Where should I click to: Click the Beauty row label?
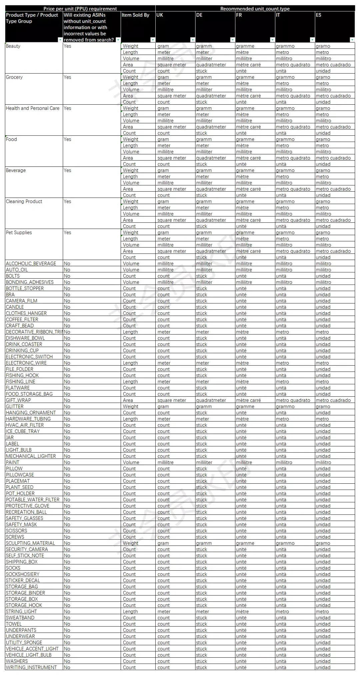pyautogui.click(x=13, y=46)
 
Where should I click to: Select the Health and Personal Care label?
pyautogui.click(x=33, y=108)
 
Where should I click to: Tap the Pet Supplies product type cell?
pyautogui.click(x=19, y=233)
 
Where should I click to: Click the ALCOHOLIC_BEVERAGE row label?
pyautogui.click(x=31, y=264)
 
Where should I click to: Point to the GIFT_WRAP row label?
pyautogui.click(x=18, y=400)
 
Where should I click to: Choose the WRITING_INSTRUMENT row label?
pyautogui.click(x=31, y=667)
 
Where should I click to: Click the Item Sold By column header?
pyautogui.click(x=135, y=15)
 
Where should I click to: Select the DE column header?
pyautogui.click(x=199, y=15)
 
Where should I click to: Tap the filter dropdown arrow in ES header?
pyautogui.click(x=352, y=40)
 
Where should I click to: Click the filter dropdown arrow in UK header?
pyautogui.click(x=193, y=40)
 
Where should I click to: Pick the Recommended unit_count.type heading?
pyautogui.click(x=255, y=9)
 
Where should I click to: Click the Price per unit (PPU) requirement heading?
pyautogui.click(x=80, y=9)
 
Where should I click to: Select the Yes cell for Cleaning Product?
pyautogui.click(x=67, y=202)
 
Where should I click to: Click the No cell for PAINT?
pyautogui.click(x=67, y=462)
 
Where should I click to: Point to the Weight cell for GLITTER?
pyautogui.click(x=130, y=406)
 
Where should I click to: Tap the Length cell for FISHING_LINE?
pyautogui.click(x=130, y=382)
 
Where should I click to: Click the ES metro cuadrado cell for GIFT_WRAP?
pyautogui.click(x=333, y=400)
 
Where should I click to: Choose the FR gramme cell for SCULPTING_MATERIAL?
pyautogui.click(x=245, y=543)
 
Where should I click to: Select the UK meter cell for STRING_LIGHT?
pyautogui.click(x=164, y=611)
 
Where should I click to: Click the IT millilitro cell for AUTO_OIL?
pyautogui.click(x=284, y=270)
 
